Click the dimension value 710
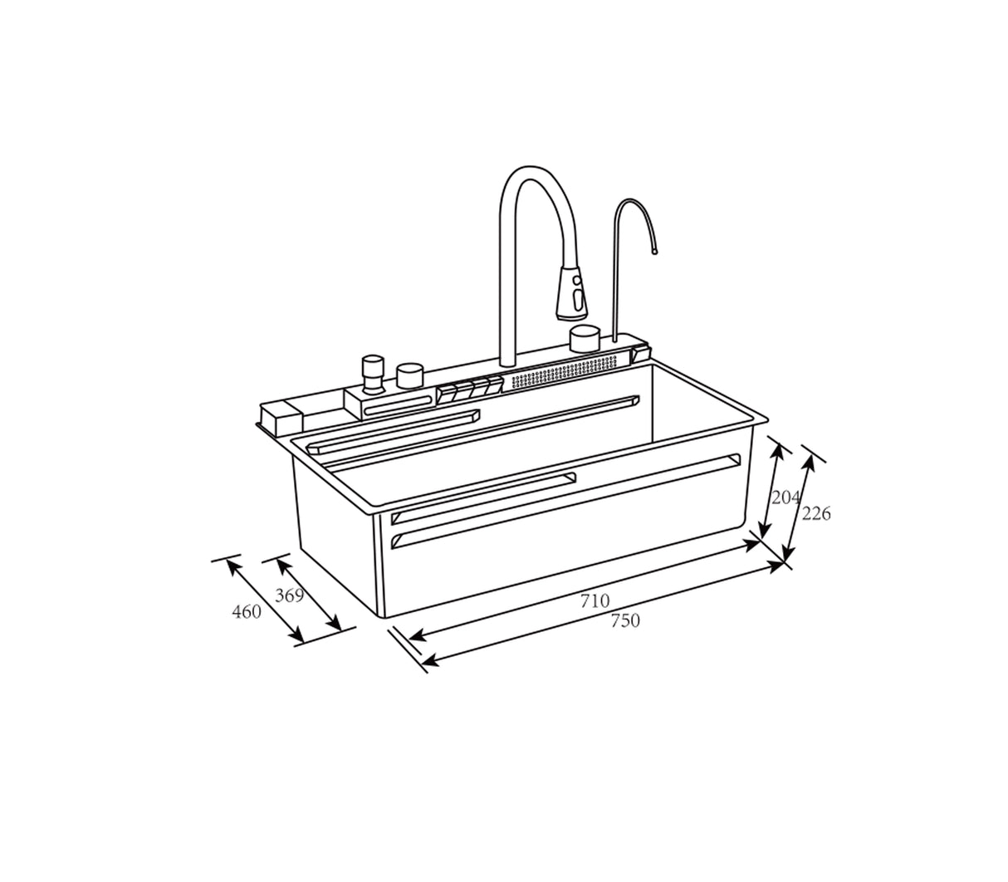pos(595,600)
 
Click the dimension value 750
pos(625,620)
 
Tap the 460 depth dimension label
pos(247,612)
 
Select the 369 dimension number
pos(289,595)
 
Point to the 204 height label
pos(785,497)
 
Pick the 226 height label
pos(816,514)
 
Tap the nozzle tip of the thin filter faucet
pos(655,248)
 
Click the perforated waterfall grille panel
pos(565,370)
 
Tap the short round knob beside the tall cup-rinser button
pos(410,375)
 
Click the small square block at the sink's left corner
pos(281,417)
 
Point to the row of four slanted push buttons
pos(470,389)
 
